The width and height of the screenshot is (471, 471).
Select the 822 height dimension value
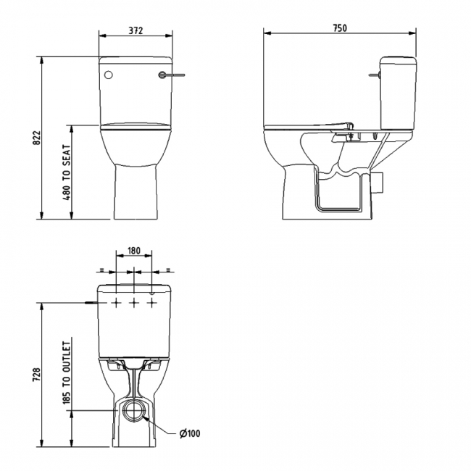[x=37, y=138]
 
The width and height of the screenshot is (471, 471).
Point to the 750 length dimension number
[x=340, y=28]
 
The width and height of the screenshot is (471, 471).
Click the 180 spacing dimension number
[x=134, y=251]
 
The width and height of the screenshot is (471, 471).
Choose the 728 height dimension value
[x=37, y=374]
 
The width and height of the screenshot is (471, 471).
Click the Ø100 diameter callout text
[x=189, y=434]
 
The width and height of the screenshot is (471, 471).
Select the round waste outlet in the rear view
[x=134, y=411]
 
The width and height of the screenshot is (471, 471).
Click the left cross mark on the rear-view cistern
[x=116, y=302]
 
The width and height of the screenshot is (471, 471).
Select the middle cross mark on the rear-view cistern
[x=134, y=302]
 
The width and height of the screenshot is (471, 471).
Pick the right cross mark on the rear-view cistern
[x=151, y=302]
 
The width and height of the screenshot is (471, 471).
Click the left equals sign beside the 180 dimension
[x=102, y=269]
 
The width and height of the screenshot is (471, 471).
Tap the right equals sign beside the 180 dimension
[x=166, y=269]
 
